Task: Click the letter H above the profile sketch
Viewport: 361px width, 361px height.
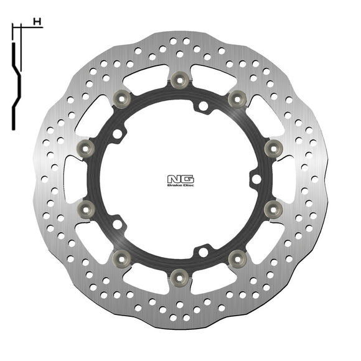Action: click(x=38, y=22)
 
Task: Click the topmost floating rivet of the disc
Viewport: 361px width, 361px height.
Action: click(x=180, y=78)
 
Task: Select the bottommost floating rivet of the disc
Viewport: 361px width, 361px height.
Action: click(x=179, y=274)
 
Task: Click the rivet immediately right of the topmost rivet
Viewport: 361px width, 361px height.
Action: click(x=237, y=98)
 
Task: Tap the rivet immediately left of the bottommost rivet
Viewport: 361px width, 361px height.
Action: click(x=122, y=255)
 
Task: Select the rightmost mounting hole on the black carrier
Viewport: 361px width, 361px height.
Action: click(x=255, y=180)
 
